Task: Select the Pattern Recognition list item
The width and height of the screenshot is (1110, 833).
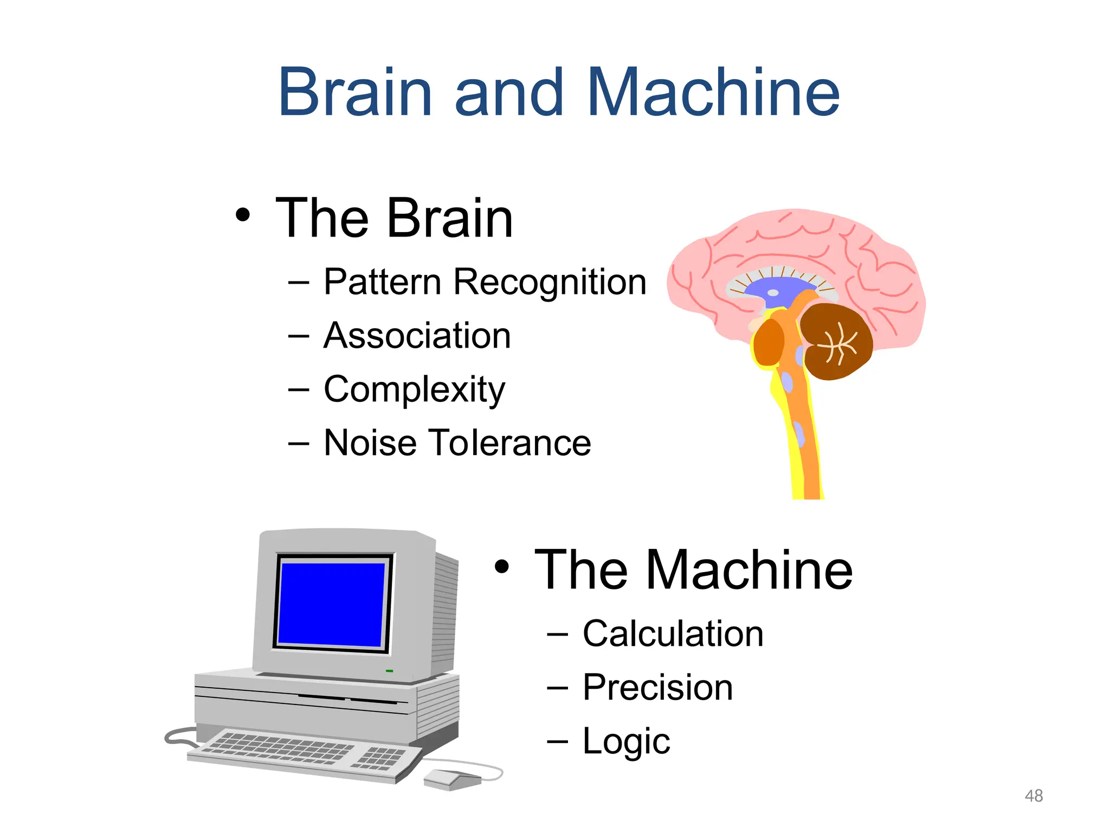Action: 485,282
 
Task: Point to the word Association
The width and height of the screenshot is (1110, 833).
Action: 417,336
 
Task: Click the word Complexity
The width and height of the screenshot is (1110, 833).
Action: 414,390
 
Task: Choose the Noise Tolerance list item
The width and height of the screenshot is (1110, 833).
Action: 457,443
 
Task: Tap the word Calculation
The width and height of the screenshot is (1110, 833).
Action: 673,633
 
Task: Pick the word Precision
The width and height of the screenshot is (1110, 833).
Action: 657,687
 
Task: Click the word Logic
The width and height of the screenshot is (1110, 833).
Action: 626,741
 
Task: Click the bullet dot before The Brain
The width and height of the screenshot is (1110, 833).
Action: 243,215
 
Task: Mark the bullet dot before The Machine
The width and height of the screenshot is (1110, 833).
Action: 502,566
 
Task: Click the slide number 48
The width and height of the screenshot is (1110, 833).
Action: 1034,796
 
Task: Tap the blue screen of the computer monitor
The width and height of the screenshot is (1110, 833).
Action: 332,604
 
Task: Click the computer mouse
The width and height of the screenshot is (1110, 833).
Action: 450,779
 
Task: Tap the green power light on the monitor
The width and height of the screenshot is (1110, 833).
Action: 389,671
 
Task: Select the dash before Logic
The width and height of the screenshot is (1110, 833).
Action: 558,741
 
